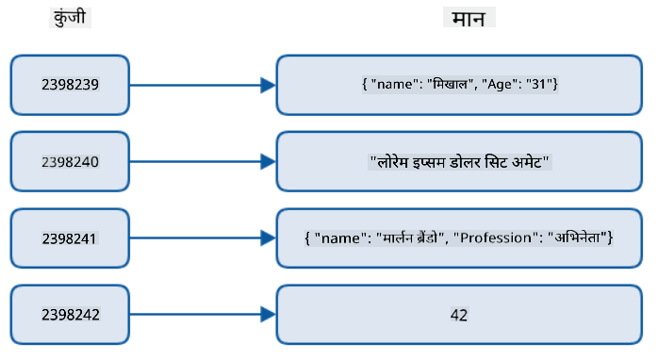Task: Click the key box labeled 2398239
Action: pyautogui.click(x=70, y=85)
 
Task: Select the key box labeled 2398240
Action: pyautogui.click(x=70, y=161)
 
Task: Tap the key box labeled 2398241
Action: pyautogui.click(x=70, y=238)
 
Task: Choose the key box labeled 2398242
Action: pyautogui.click(x=70, y=315)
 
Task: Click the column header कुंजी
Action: pyautogui.click(x=70, y=18)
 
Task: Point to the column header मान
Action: pyautogui.click(x=469, y=19)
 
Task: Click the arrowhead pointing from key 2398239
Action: pyautogui.click(x=268, y=85)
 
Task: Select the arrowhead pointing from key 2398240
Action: pyautogui.click(x=268, y=161)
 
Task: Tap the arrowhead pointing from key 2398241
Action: pyautogui.click(x=268, y=237)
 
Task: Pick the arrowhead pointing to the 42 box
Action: pyautogui.click(x=268, y=314)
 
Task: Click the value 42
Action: pyautogui.click(x=459, y=315)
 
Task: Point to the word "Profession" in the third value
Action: pyautogui.click(x=496, y=237)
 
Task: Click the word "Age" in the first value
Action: pyautogui.click(x=499, y=85)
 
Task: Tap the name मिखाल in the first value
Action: pyautogui.click(x=451, y=84)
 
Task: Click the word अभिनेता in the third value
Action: pyautogui.click(x=578, y=237)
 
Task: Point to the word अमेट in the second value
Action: pyautogui.click(x=527, y=161)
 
